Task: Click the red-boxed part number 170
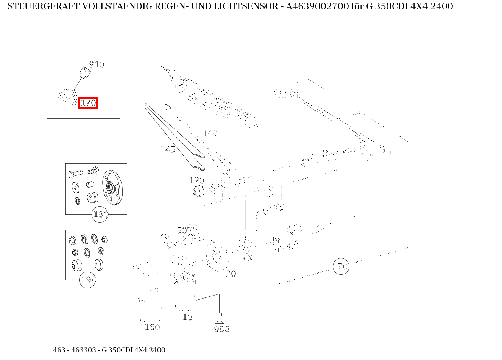point(88,103)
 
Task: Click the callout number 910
point(97,64)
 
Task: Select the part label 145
point(167,149)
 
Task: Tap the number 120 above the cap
point(197,180)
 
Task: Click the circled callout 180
point(100,214)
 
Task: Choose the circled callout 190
point(87,280)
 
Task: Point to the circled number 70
point(341,266)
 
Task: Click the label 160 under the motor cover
point(152,327)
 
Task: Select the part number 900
point(222,329)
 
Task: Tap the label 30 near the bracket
point(231,274)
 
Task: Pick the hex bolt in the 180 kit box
point(75,174)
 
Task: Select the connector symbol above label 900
point(220,318)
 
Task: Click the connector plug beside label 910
point(85,72)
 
